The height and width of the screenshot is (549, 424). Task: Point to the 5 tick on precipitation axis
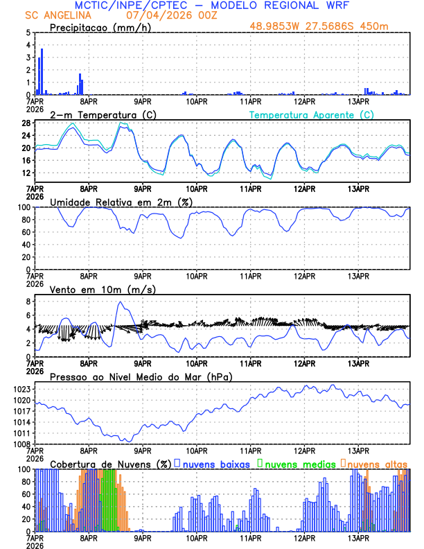tap(28, 33)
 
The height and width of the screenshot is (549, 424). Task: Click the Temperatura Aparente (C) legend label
tap(311, 114)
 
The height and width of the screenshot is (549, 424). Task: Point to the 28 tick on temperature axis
tap(26, 123)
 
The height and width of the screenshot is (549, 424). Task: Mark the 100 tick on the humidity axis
tap(24, 207)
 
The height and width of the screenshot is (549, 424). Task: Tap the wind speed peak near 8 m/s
tap(121, 302)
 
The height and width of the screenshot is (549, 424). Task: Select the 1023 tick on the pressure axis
tap(22, 389)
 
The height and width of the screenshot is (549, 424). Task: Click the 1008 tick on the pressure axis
tap(22, 444)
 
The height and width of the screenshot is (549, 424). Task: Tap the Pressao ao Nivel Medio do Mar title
tap(141, 376)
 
